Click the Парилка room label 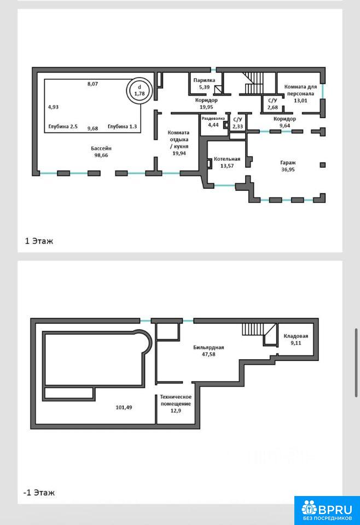[x=204, y=80]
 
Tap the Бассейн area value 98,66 [x=101, y=155]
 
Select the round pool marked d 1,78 [x=140, y=90]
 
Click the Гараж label [x=288, y=163]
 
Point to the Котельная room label [x=227, y=159]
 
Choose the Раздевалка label [x=213, y=119]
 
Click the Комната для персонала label [x=300, y=90]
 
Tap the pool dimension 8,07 [x=93, y=84]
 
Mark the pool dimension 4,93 [x=53, y=107]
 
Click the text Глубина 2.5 [x=63, y=126]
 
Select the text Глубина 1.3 [x=122, y=126]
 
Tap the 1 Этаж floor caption [x=39, y=241]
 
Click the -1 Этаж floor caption [x=39, y=493]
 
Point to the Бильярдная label [x=208, y=348]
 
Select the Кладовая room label [x=295, y=336]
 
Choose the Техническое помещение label [x=176, y=400]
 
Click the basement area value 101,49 [x=124, y=407]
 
